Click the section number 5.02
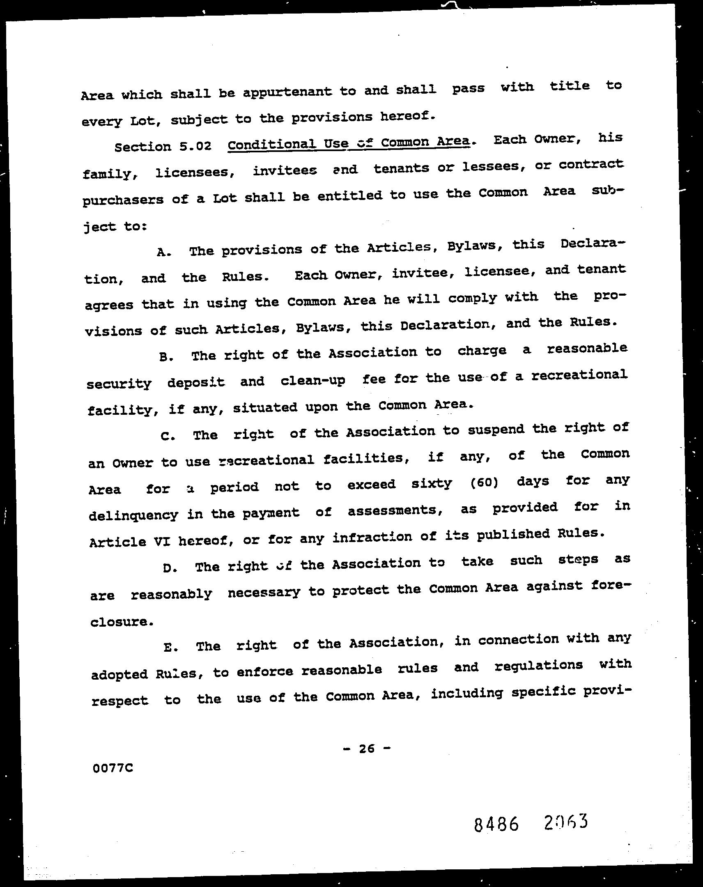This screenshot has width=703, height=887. [x=195, y=147]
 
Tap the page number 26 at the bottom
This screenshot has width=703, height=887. [x=367, y=748]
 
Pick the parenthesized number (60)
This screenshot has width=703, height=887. [x=484, y=483]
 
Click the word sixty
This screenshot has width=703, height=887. [x=432, y=483]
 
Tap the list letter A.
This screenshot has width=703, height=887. [x=163, y=252]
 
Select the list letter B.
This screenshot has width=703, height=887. [x=165, y=357]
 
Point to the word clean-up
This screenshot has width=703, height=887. [x=312, y=381]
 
